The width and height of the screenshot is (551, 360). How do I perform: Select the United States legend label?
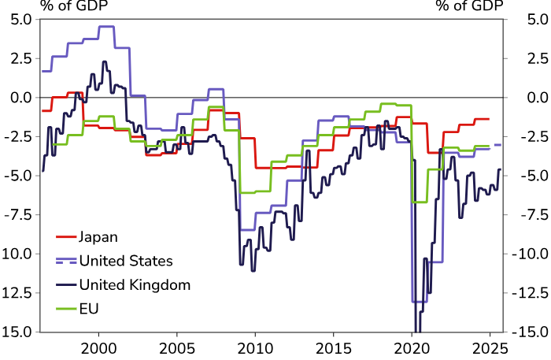pyautogui.click(x=126, y=260)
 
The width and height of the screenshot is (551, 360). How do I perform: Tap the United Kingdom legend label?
pyautogui.click(x=135, y=284)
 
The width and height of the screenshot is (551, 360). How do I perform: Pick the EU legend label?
pyautogui.click(x=90, y=308)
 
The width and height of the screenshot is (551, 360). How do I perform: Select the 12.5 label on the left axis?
pyautogui.click(x=18, y=293)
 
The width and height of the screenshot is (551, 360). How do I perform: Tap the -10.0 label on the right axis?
pyautogui.click(x=530, y=254)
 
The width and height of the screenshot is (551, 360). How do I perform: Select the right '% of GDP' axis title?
pyautogui.click(x=469, y=6)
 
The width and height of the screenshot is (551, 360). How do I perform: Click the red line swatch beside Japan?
pyautogui.click(x=65, y=236)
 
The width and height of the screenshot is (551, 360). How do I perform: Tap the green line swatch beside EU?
pyautogui.click(x=65, y=308)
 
